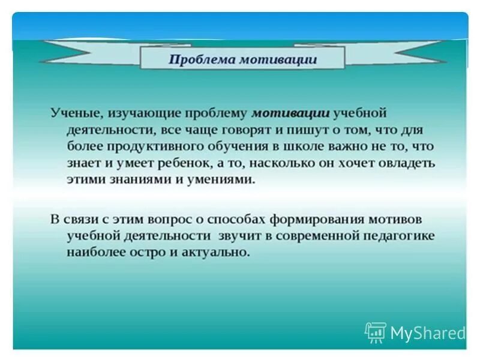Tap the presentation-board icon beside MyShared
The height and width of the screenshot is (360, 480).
[375, 332]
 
